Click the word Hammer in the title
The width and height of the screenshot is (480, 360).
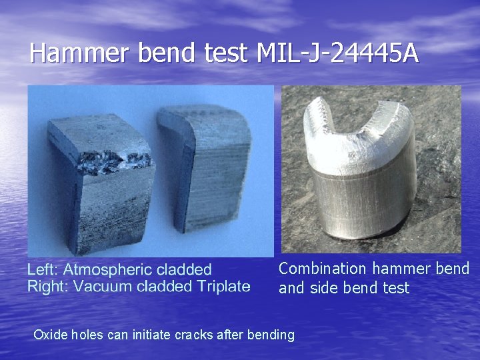tap(80, 53)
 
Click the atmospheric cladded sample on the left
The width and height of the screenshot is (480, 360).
tap(100, 180)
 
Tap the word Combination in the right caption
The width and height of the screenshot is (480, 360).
tap(323, 269)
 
